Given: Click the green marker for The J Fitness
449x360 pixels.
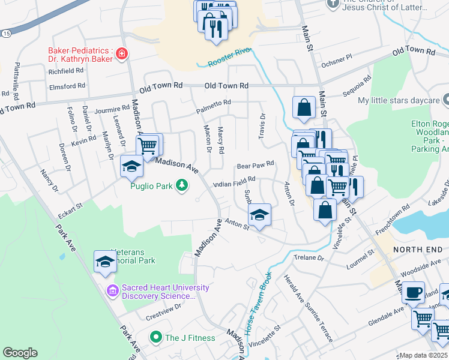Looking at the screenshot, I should pyautogui.click(x=156, y=338).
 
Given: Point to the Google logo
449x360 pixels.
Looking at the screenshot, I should pyautogui.click(x=20, y=353).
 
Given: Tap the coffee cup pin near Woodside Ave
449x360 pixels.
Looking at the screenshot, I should pyautogui.click(x=413, y=292).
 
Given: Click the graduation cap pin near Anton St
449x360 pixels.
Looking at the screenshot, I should pyautogui.click(x=259, y=215).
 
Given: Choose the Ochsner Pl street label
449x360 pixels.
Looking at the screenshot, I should pyautogui.click(x=336, y=59).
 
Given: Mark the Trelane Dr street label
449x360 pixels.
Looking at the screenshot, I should pyautogui.click(x=309, y=257).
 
